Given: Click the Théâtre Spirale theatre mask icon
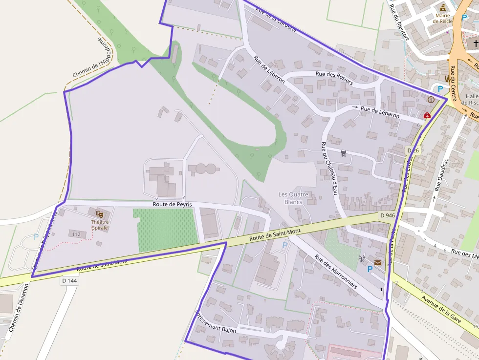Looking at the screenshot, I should click(x=100, y=214).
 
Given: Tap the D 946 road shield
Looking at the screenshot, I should click(x=387, y=215).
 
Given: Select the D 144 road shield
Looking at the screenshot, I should click(x=70, y=281).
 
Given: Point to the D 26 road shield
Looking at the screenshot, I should click(x=413, y=150).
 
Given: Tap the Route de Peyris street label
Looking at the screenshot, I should click(x=172, y=205).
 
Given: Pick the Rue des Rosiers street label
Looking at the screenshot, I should click(x=334, y=78).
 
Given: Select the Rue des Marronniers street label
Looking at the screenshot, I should click(x=336, y=271).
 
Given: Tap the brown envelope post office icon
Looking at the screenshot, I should click(x=378, y=263).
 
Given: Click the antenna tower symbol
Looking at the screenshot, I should click(x=362, y=259).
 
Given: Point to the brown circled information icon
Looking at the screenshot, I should click(x=431, y=100).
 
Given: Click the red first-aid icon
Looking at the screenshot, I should click(x=427, y=116).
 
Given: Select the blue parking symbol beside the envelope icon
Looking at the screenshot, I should click(x=370, y=269).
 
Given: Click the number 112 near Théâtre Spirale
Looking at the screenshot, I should click(x=76, y=234).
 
